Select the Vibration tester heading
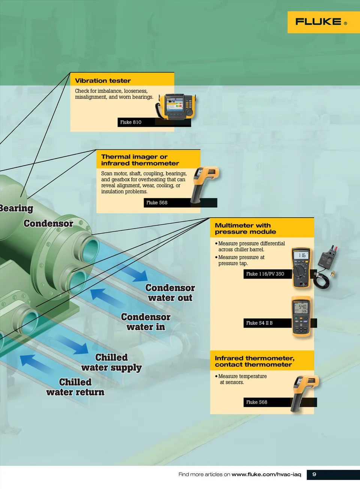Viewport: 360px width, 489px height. pos(103,81)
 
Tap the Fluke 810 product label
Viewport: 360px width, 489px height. pos(131,122)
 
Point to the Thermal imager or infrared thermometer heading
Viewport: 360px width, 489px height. pos(139,160)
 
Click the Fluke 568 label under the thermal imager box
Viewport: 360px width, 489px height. pos(157,203)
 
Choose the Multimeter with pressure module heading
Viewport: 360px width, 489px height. pos(245,229)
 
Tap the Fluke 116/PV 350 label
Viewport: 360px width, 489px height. pos(265,274)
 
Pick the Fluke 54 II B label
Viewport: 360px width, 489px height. pos(259,323)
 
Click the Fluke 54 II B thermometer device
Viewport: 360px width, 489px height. pos(301,316)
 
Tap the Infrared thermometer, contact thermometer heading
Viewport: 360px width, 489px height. pos(254,361)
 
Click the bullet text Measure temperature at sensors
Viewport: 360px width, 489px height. pos(242,379)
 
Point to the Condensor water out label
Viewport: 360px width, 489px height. pos(170,293)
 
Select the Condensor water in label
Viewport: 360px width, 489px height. pos(145,322)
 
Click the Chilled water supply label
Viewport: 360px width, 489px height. pos(111,363)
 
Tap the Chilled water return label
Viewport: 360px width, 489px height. pos(75,387)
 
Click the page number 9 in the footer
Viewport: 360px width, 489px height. pos(314,474)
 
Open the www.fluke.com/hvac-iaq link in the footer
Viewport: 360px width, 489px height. pos(266,474)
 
